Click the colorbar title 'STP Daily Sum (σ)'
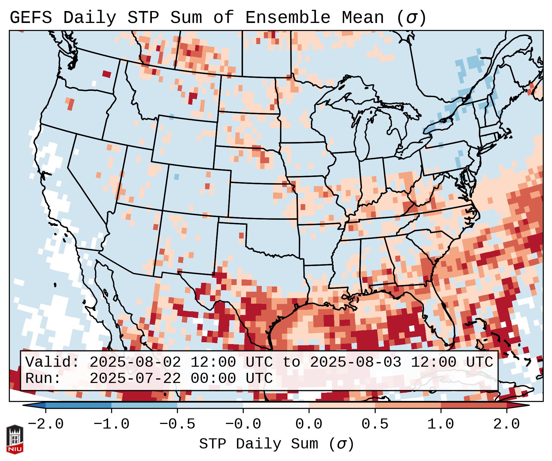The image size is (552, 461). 276,444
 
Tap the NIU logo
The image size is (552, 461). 15,440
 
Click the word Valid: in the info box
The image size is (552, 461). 52,362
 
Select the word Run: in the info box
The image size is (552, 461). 43,379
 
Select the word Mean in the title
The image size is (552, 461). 363,18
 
